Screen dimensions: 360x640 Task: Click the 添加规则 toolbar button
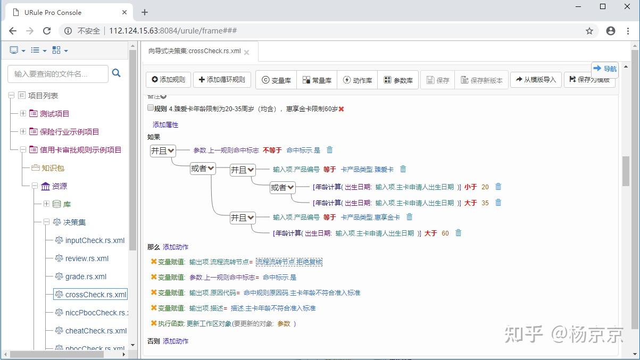pyautogui.click(x=169, y=80)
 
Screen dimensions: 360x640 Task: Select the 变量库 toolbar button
pyautogui.click(x=276, y=80)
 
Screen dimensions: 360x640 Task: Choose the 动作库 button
pyautogui.click(x=358, y=80)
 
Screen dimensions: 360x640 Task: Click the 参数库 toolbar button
pyautogui.click(x=398, y=80)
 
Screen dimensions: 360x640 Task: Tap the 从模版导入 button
pyautogui.click(x=535, y=80)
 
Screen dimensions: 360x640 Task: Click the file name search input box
pyautogui.click(x=58, y=74)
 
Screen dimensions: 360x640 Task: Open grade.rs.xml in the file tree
pyautogui.click(x=86, y=277)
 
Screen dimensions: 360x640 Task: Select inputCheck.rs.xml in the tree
pyautogui.click(x=95, y=240)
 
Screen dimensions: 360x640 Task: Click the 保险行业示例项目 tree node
pyautogui.click(x=69, y=132)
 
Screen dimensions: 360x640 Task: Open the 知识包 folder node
pyautogui.click(x=53, y=168)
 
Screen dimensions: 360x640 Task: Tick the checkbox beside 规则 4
pyautogui.click(x=151, y=108)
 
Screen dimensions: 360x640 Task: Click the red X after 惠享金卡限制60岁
pyautogui.click(x=342, y=109)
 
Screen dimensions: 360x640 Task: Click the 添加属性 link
pyautogui.click(x=165, y=125)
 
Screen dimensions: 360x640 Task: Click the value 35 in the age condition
pyautogui.click(x=485, y=203)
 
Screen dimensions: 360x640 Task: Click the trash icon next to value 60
pyautogui.click(x=459, y=233)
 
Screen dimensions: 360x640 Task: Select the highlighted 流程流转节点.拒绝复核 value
pyautogui.click(x=289, y=262)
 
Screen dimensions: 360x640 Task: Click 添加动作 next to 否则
pyautogui.click(x=176, y=341)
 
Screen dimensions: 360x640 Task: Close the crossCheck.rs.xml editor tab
pyautogui.click(x=246, y=52)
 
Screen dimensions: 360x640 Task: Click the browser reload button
pyautogui.click(x=47, y=31)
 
